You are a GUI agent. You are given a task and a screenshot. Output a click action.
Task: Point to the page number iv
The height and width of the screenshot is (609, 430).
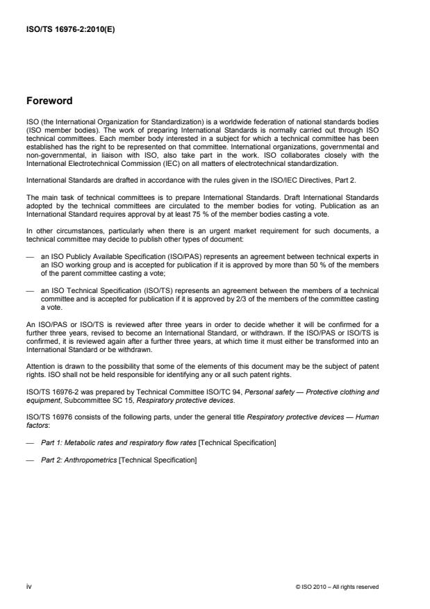click(28, 587)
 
